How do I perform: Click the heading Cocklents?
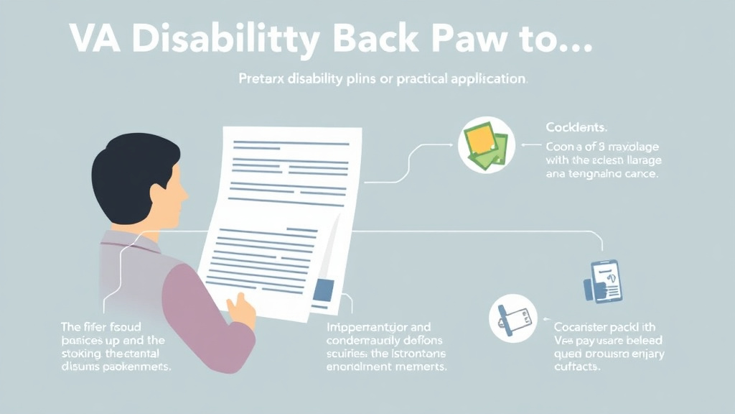pyautogui.click(x=576, y=127)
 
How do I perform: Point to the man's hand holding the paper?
pyautogui.click(x=240, y=308)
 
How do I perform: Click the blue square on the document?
pyautogui.click(x=324, y=288)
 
